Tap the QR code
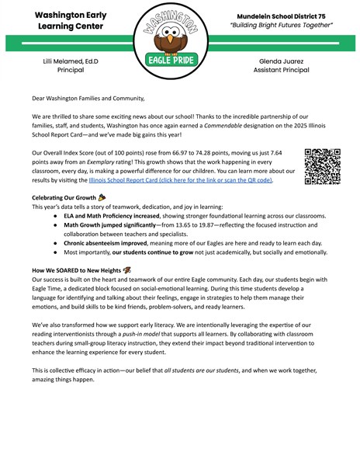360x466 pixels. (x=323, y=166)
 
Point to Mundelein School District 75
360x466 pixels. (x=282, y=16)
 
